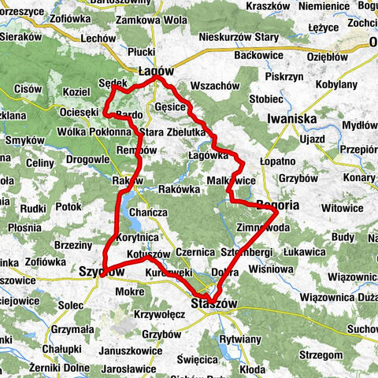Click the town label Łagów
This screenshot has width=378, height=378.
(x=156, y=70)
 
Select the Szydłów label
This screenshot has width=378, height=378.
(x=102, y=271)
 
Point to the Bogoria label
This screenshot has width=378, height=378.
(x=278, y=205)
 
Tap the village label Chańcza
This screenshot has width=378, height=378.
(x=148, y=213)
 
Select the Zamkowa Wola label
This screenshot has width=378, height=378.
(x=161, y=19)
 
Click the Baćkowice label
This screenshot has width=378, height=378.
(x=261, y=57)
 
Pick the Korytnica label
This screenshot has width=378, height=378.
(x=137, y=236)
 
